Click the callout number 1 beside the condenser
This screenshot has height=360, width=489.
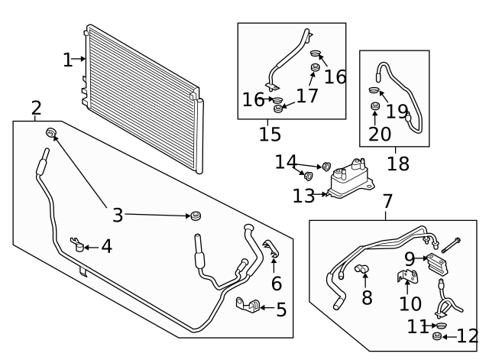tap(68, 60)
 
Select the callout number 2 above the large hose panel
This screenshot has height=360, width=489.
tap(36, 108)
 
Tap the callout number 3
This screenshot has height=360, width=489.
tap(117, 216)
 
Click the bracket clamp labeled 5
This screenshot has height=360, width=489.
tap(247, 306)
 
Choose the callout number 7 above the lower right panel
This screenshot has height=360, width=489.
tap(387, 203)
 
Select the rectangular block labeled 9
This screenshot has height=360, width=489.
tap(437, 265)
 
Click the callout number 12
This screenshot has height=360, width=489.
tap(467, 336)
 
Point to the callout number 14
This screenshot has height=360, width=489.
tap(285, 162)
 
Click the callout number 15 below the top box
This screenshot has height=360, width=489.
tap(270, 135)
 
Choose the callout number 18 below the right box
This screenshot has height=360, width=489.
tap(397, 163)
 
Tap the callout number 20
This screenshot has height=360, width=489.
tap(375, 135)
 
